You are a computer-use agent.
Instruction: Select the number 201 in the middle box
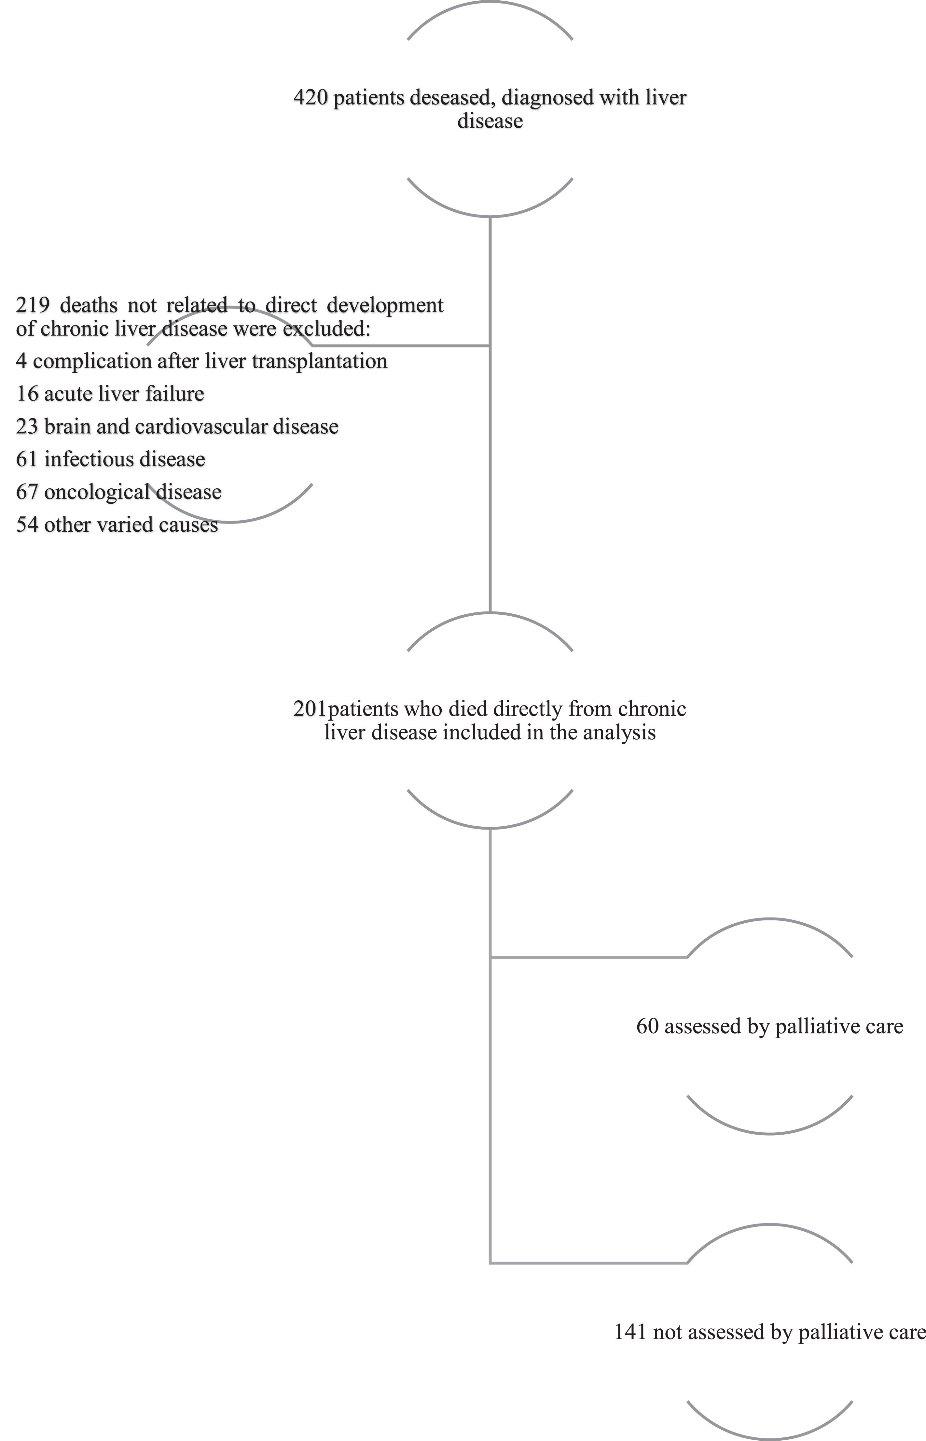click(310, 709)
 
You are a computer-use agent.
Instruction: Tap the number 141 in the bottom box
click(630, 1332)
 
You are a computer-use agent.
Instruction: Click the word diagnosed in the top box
click(545, 97)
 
